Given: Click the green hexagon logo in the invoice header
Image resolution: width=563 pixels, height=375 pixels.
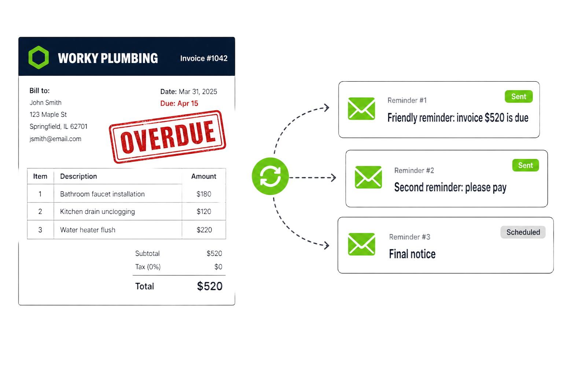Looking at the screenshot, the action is tap(38, 57).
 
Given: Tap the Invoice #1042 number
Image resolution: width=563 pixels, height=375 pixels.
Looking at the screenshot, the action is tap(204, 58).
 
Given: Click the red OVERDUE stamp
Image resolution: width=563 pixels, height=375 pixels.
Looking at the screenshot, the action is tap(168, 137).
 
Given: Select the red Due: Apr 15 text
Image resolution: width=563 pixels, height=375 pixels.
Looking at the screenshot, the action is tap(179, 104).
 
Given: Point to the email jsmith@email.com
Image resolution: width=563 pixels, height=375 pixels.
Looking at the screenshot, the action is tap(55, 139).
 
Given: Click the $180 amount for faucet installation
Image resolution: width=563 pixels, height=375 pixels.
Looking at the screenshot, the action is tap(204, 194).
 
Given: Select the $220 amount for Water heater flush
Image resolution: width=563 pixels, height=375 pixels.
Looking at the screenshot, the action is tap(204, 230).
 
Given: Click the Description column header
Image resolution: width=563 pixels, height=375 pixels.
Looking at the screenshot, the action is tap(78, 176).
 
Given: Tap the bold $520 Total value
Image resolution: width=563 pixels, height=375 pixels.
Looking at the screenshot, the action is tap(210, 286).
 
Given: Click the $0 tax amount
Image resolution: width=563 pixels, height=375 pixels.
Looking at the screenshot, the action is tap(218, 267).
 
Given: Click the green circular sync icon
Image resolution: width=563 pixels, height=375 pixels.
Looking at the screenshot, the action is tap(270, 176).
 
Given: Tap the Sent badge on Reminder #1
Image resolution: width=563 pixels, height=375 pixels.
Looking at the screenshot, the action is tap(519, 96).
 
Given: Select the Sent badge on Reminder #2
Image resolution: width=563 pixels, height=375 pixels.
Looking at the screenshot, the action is tap(526, 165).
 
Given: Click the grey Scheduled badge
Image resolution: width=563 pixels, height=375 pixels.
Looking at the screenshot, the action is tap(523, 232).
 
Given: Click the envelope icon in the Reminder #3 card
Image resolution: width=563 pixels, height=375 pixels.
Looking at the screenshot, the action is tap(362, 244).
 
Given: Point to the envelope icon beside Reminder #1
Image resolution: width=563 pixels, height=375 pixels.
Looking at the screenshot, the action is tap(361, 108).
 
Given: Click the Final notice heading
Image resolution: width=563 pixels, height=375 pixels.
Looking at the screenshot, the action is tap(412, 254).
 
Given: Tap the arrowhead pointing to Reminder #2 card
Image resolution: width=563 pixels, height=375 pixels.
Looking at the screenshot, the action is tap(334, 178).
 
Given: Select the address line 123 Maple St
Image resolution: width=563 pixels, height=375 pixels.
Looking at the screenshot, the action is tap(48, 115).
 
